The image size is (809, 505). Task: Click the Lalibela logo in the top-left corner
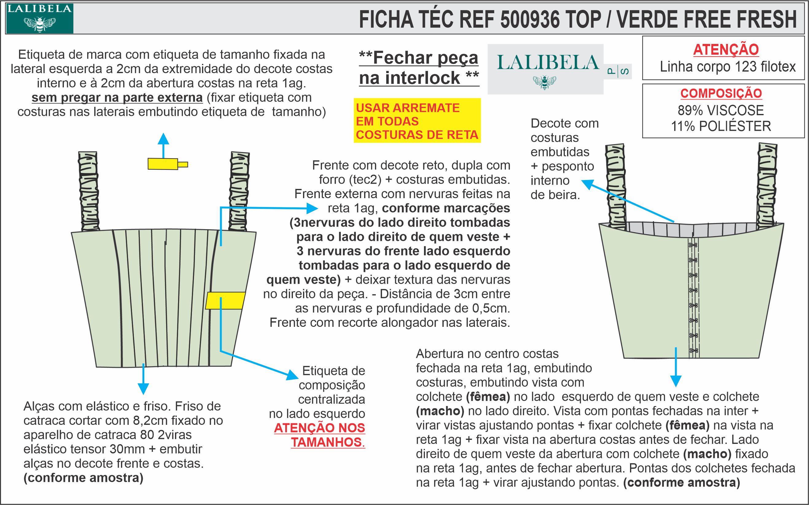(x=39, y=18)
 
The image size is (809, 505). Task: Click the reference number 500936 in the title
(x=530, y=19)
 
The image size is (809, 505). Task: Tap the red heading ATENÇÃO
(x=726, y=49)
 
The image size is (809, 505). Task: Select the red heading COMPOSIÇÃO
(x=721, y=93)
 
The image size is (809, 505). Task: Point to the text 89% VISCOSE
(x=721, y=110)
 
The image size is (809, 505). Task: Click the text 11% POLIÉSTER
(x=721, y=126)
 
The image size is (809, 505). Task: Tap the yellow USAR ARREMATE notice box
(x=417, y=121)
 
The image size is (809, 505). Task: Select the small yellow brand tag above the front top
(x=164, y=164)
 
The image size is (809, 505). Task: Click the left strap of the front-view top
(x=89, y=191)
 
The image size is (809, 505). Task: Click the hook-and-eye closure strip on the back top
(x=693, y=297)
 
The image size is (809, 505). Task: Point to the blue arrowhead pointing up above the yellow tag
(x=163, y=139)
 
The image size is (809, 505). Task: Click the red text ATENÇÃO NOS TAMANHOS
(x=319, y=435)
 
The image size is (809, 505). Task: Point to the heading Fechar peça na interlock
(x=419, y=68)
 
